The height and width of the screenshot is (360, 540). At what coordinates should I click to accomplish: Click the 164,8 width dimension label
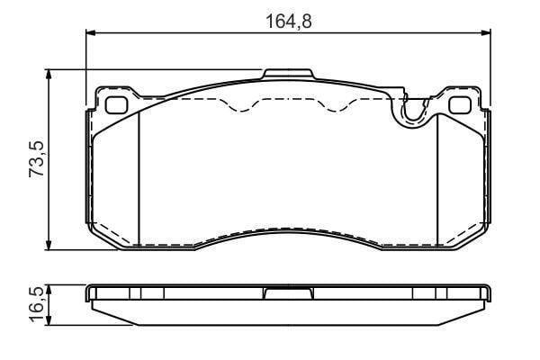click(x=289, y=22)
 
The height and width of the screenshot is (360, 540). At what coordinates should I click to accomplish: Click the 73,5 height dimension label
click(x=37, y=159)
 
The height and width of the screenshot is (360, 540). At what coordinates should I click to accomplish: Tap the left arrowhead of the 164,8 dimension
click(x=90, y=32)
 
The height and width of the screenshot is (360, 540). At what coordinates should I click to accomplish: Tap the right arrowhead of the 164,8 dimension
click(x=486, y=32)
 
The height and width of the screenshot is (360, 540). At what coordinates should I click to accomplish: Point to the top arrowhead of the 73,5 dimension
click(x=49, y=75)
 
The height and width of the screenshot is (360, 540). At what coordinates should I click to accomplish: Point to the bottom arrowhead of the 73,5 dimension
click(x=49, y=245)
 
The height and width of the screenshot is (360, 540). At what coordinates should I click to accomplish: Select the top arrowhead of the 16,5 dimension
click(x=49, y=290)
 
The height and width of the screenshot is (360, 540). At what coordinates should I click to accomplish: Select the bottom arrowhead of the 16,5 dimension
click(x=49, y=320)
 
